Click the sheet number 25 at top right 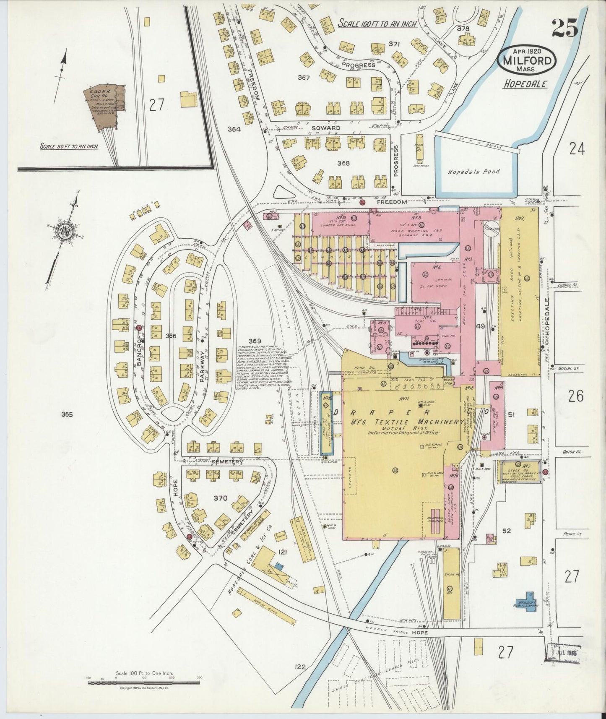pos(564,29)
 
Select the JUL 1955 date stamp pos(563,654)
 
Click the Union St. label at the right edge pos(569,452)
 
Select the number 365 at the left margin pos(67,414)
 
